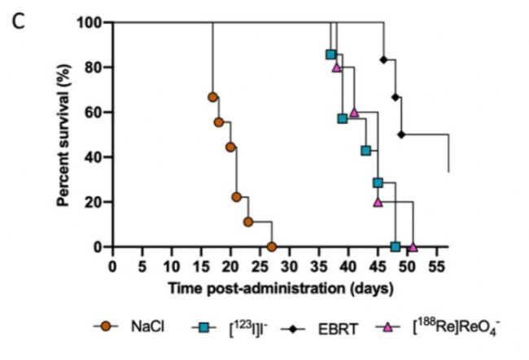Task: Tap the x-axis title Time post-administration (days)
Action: pyautogui.click(x=281, y=288)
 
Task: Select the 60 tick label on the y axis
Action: pyautogui.click(x=92, y=112)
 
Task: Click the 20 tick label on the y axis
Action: pyautogui.click(x=92, y=202)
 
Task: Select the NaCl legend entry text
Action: pyautogui.click(x=150, y=328)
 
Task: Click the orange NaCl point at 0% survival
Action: pyautogui.click(x=271, y=247)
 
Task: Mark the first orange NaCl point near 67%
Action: pyautogui.click(x=212, y=97)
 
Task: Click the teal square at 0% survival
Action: pyautogui.click(x=395, y=247)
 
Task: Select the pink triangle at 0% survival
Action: pyautogui.click(x=413, y=247)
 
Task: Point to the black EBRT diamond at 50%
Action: pyautogui.click(x=401, y=134)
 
